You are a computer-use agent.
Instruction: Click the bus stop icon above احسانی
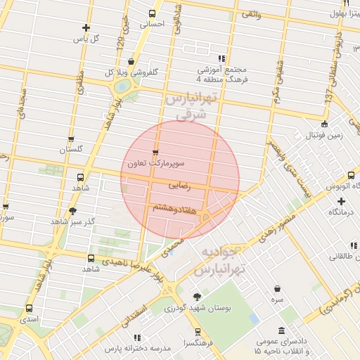152,13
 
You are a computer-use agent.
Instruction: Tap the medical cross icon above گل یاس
86,28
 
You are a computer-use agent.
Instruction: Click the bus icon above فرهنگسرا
198,332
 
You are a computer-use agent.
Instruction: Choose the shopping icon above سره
278,288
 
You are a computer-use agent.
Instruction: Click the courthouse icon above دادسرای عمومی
281,330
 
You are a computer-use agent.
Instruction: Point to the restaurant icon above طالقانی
354,245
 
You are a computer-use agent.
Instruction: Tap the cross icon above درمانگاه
341,201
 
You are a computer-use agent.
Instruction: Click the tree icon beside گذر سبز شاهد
72,210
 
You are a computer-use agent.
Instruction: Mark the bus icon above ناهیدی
91,259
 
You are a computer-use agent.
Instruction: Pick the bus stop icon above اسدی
29,308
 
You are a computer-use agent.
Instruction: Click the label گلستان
71,149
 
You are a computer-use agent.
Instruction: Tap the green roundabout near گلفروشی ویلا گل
124,86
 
